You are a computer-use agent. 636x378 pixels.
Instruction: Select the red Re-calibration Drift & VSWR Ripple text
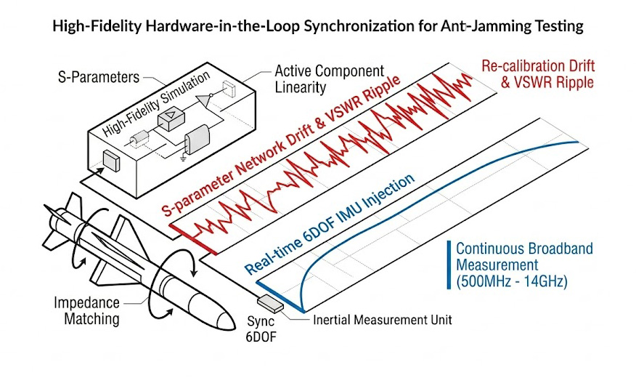[537, 74]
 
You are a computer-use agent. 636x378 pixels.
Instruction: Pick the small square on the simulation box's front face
[110, 160]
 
